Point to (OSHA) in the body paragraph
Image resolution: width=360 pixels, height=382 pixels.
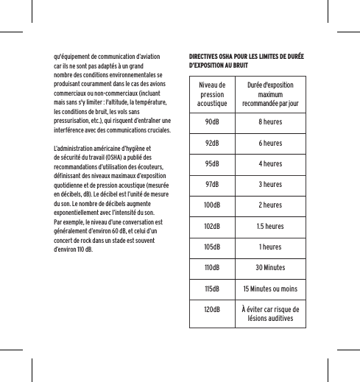tap(119, 157)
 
